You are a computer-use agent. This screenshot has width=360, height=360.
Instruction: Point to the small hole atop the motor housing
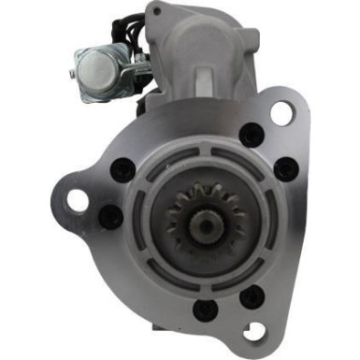pos(156,12)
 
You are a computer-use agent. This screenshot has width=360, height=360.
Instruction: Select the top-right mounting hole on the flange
pos(281,113)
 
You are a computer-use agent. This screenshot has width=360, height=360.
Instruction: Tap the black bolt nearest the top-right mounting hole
pos(251,134)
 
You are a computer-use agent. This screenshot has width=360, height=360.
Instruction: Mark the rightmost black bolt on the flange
pos(286,169)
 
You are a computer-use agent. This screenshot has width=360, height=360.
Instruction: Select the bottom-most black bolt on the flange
pos(206,310)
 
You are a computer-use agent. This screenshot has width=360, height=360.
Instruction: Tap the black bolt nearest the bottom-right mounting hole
pos(252,298)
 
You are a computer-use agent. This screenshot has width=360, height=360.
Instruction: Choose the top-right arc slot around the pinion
pos(238,160)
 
